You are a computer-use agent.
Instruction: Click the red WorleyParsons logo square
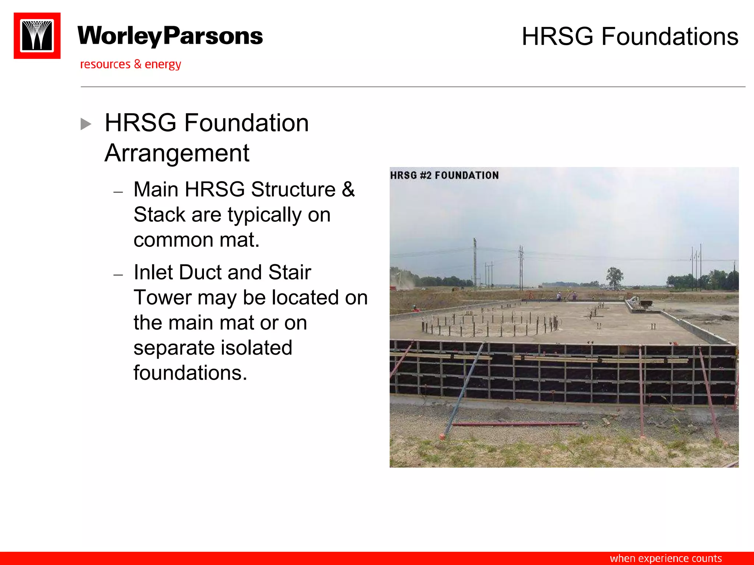[37, 36]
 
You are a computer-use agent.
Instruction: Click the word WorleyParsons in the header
[170, 36]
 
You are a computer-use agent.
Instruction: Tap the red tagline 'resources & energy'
[130, 64]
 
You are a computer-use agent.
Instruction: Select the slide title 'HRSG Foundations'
[630, 36]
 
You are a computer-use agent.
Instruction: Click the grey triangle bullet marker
[86, 124]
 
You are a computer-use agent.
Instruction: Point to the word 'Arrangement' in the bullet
[177, 153]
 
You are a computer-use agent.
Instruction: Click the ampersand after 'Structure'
[348, 189]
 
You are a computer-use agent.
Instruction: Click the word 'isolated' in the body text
[255, 348]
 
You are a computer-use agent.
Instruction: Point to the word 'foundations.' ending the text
[190, 373]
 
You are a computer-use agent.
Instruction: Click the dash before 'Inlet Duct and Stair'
[118, 274]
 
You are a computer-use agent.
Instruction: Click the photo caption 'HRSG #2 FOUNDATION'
[444, 175]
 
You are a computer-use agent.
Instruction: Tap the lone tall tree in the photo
[614, 277]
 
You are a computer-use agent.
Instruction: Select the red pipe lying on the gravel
[515, 424]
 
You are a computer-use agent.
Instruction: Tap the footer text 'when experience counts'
[666, 558]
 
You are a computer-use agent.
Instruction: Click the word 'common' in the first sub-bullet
[173, 240]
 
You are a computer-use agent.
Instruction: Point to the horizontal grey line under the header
[412, 87]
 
